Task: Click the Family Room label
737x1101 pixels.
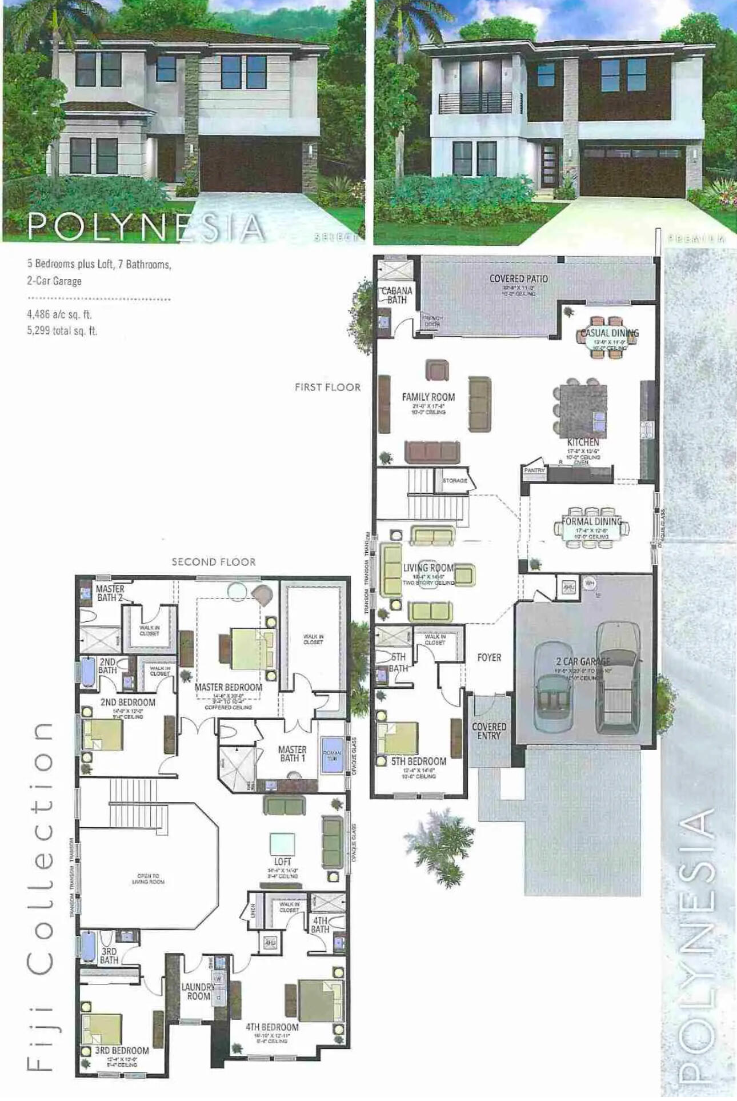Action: (428, 397)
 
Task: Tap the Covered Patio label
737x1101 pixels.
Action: (518, 279)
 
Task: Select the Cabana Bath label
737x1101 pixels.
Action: (396, 295)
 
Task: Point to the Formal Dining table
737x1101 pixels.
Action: (592, 529)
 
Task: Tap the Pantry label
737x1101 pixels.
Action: (534, 470)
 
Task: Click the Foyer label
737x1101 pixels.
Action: (489, 658)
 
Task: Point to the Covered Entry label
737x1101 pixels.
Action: (488, 731)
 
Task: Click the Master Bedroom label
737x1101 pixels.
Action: (228, 687)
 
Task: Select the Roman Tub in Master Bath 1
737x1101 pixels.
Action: (332, 755)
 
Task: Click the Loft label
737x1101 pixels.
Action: (282, 861)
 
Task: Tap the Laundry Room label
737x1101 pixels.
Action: (197, 991)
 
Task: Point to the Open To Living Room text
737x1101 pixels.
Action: (148, 879)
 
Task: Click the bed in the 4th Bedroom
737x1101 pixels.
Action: (318, 1000)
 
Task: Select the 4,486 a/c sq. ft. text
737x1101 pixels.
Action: (59, 314)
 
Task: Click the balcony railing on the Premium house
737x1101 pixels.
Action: (479, 103)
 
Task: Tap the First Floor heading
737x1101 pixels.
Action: (327, 388)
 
